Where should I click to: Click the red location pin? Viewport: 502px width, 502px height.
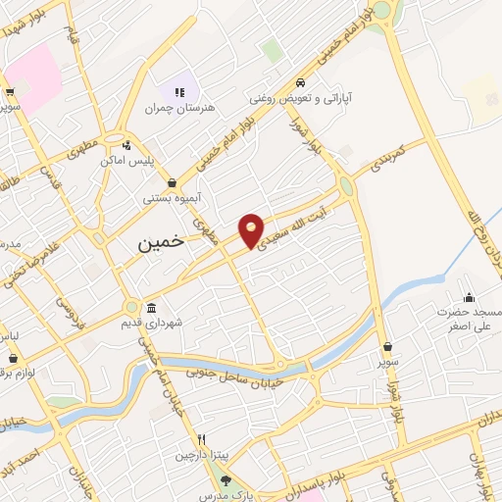pos(252,229)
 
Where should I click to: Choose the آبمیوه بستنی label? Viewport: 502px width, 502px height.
pos(173,197)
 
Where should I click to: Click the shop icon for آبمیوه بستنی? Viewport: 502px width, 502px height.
pos(173,182)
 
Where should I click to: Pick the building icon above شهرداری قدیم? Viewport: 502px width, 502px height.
pos(150,309)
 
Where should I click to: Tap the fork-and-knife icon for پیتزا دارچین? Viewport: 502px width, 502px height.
pos(201,440)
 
